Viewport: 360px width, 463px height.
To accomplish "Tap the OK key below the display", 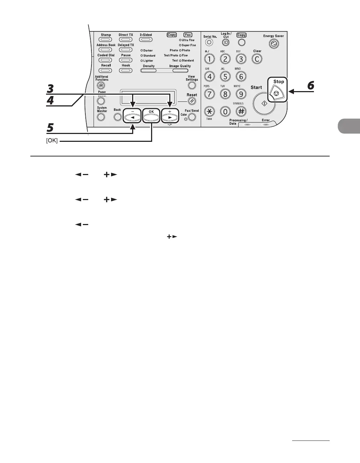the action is (151, 116).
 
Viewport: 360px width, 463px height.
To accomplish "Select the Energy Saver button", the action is (274, 44).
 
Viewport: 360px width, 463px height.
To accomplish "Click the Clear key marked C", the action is (257, 59).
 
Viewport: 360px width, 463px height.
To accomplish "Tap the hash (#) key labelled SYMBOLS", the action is (241, 111).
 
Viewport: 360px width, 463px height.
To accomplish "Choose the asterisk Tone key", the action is (209, 111).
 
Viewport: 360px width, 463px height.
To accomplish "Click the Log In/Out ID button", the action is (226, 43).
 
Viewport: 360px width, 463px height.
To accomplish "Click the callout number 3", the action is (51, 89).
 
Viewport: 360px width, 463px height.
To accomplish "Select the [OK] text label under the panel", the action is (52, 141).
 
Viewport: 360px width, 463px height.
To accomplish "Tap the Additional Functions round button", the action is (101, 85).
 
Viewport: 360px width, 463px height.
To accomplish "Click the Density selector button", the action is (149, 70).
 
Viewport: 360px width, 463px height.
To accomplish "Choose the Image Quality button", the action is (180, 70).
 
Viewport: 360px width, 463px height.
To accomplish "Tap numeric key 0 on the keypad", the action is (225, 111).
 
